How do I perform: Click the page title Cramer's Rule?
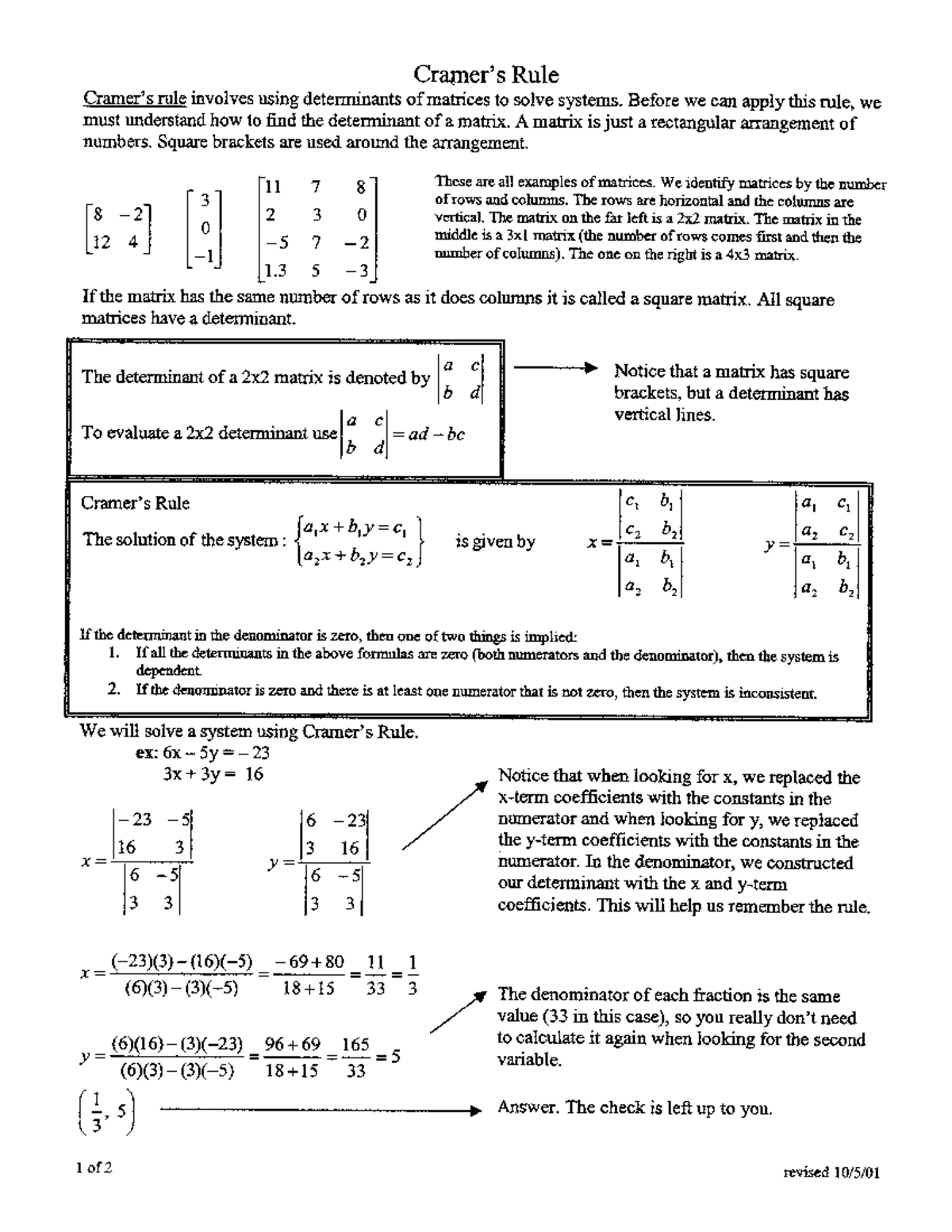[x=486, y=75]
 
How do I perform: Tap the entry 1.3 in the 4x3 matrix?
[x=275, y=271]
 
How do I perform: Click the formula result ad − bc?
[x=436, y=434]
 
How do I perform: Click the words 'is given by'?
[x=495, y=543]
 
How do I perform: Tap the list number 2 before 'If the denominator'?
[x=115, y=690]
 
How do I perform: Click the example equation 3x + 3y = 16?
[x=213, y=774]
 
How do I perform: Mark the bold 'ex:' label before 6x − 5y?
[x=147, y=754]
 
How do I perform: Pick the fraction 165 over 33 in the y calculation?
[x=356, y=1057]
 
